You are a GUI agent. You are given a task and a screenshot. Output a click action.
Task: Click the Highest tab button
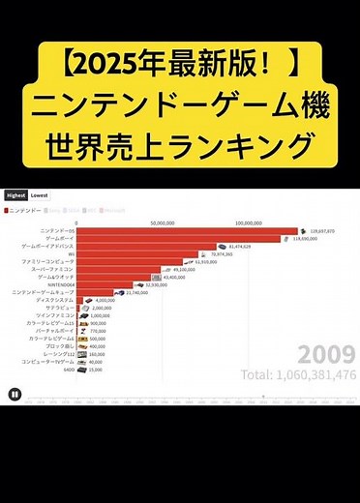click(x=15, y=194)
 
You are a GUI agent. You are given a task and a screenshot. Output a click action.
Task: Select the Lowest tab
click(x=40, y=194)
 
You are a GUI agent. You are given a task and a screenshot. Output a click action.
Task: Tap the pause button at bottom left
click(x=15, y=393)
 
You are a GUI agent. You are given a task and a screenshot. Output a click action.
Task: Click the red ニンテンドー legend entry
click(x=24, y=209)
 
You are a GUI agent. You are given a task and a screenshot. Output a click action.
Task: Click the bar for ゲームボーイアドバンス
click(x=145, y=247)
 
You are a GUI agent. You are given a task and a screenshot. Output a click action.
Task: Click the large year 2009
click(x=326, y=353)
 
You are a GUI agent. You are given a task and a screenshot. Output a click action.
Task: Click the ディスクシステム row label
click(x=54, y=300)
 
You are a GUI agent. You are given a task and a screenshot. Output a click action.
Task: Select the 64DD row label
click(x=68, y=369)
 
